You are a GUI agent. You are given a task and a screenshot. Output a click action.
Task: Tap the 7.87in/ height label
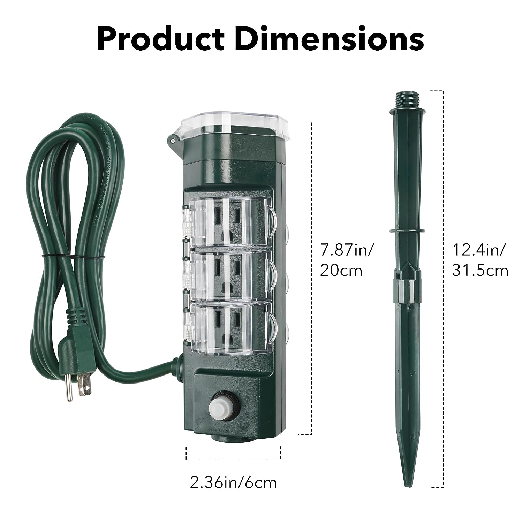point(347,250)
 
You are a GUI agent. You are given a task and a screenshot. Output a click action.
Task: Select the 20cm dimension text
point(341,271)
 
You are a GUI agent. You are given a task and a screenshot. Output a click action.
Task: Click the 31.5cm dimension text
point(480,271)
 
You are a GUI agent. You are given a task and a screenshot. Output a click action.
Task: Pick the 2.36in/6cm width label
point(233,483)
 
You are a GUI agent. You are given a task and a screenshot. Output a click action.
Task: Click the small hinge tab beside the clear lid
point(172,140)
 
